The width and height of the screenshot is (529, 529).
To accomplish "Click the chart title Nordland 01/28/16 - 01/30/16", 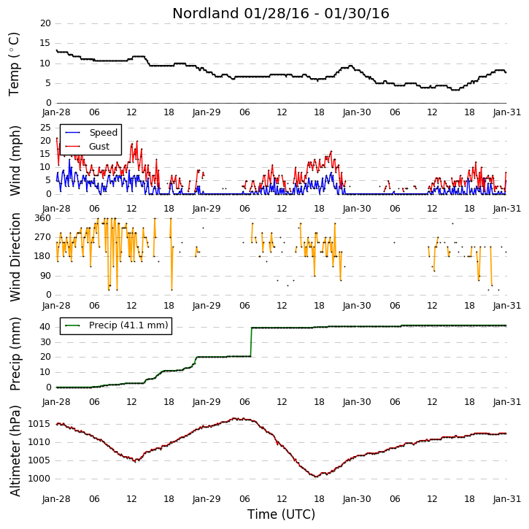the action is (281, 13).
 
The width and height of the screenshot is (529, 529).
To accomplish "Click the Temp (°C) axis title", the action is (14, 64).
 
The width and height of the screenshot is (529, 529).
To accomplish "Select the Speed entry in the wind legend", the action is (103, 132).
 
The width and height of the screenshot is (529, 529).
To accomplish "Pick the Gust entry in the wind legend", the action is (99, 147).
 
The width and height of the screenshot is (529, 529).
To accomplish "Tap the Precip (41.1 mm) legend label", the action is (128, 325).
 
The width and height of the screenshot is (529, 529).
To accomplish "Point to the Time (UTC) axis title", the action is (281, 514).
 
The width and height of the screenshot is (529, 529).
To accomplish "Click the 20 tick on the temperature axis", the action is (45, 23).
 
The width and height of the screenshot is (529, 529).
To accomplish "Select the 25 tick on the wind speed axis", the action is (45, 128).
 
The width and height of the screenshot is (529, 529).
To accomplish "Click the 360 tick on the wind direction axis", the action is (42, 218).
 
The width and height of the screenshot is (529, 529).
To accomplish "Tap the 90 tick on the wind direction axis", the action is (45, 276).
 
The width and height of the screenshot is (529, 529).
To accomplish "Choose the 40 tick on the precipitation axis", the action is (45, 327).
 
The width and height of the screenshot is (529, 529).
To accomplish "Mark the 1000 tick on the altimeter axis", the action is (39, 479).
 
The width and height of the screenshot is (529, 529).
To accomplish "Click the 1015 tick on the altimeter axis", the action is (39, 424).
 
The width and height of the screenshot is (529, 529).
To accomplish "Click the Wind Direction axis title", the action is (15, 257).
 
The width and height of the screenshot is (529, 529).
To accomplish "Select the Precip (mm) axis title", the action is (15, 354).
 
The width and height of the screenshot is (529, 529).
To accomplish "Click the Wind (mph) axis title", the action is (15, 161).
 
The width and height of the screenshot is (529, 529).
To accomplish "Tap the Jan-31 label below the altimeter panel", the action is (506, 498).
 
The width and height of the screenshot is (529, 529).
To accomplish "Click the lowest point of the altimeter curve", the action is (316, 476).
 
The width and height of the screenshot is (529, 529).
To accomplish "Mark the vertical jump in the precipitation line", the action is (251, 341).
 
